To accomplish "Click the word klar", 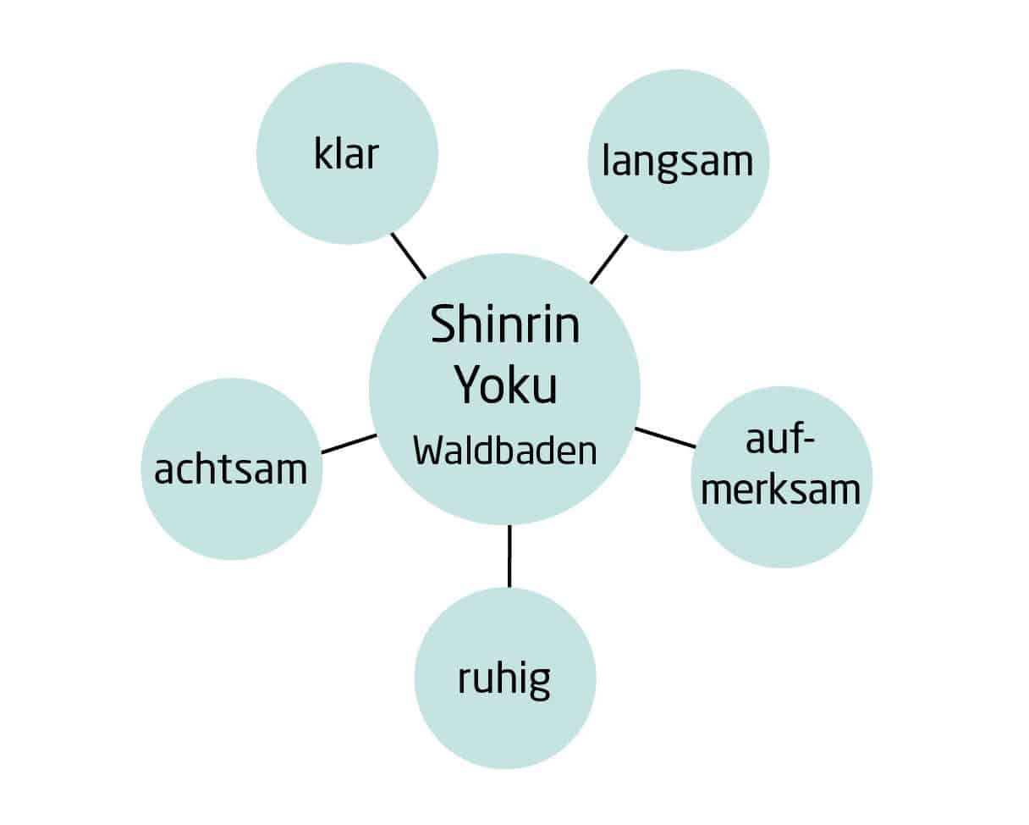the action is [346, 153].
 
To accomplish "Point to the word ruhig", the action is [504, 679].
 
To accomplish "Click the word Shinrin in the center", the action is [505, 324].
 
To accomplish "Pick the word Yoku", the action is [505, 385].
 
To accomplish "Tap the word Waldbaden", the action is [505, 451].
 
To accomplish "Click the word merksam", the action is [781, 490].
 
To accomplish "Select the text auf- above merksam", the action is [780, 439].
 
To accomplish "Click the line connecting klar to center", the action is [409, 256].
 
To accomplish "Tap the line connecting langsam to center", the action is [608, 259].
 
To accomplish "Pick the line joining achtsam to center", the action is [349, 444].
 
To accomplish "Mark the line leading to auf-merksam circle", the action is [665, 438].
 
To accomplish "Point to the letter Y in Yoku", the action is [466, 385].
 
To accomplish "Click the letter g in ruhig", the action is [539, 684].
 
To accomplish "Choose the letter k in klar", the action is [322, 153].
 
